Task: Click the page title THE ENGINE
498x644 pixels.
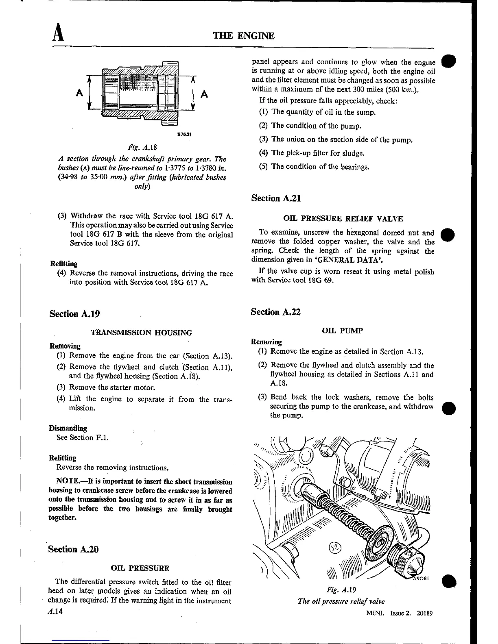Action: click(244, 36)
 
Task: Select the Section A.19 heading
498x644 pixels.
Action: click(74, 314)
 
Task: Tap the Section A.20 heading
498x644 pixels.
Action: click(74, 549)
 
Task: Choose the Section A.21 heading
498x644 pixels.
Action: click(276, 198)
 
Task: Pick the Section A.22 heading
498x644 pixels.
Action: click(276, 312)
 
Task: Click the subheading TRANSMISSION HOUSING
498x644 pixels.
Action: click(141, 333)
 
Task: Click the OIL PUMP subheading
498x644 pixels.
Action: click(342, 331)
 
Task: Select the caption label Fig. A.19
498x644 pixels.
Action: click(342, 590)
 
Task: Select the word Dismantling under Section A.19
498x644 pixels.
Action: click(68, 428)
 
